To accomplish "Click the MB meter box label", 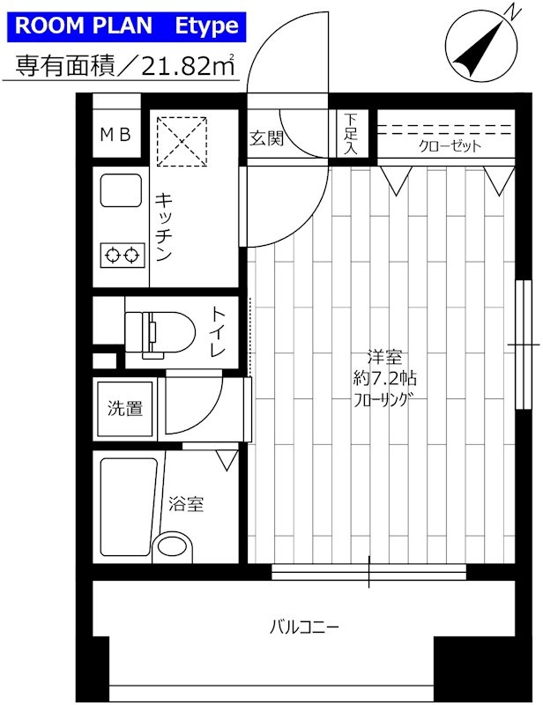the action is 115,135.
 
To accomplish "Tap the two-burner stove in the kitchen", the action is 123,256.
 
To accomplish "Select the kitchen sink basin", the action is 121,190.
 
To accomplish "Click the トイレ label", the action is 219,332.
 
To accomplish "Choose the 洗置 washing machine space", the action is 125,409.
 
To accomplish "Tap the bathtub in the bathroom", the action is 129,507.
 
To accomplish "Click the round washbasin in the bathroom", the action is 172,547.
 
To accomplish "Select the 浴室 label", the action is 186,504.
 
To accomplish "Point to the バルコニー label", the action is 304,627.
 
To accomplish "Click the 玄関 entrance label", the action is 267,138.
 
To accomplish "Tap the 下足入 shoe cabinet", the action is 351,134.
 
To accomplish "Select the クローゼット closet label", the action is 450,146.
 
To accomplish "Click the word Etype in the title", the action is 206,26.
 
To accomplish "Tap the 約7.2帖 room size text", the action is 384,379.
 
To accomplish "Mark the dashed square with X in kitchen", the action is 182,142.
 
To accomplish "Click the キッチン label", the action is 163,226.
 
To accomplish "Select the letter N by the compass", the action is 513,11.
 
